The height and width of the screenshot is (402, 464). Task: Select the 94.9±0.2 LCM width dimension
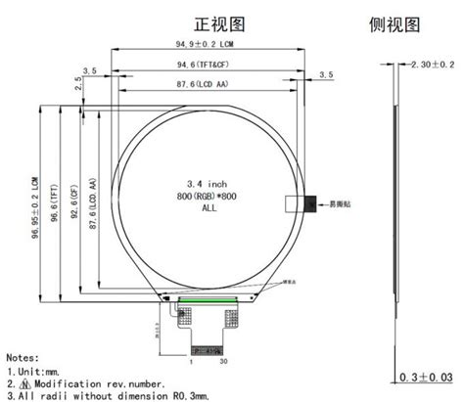coord(203,45)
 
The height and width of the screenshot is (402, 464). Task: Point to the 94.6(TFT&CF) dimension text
coord(201,65)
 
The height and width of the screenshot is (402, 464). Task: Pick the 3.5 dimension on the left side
coord(91,70)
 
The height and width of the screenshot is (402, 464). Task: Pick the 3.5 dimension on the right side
coord(327,75)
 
